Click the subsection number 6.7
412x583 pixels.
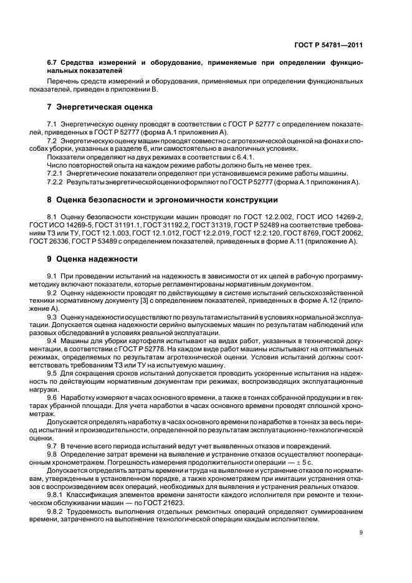pyautogui.click(x=53, y=64)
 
